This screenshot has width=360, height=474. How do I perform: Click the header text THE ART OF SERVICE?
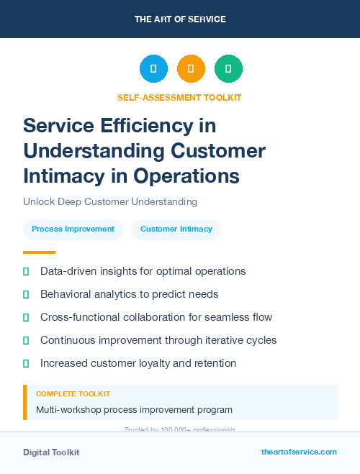pyautogui.click(x=180, y=19)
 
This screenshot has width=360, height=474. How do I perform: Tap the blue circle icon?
pyautogui.click(x=153, y=69)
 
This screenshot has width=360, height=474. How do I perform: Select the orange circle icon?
pyautogui.click(x=191, y=69)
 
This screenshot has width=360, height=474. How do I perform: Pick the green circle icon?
pyautogui.click(x=228, y=69)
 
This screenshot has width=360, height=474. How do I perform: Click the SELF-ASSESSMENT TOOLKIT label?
pyautogui.click(x=179, y=97)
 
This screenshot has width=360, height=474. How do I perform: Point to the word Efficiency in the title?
pyautogui.click(x=152, y=126)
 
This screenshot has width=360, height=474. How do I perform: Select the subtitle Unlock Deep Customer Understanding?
pyautogui.click(x=110, y=201)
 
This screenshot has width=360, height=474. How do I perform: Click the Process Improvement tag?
pyautogui.click(x=73, y=229)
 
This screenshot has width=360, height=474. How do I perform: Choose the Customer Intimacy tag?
pyautogui.click(x=176, y=229)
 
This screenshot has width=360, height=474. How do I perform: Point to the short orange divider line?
pyautogui.click(x=39, y=252)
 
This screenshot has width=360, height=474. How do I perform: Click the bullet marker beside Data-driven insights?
pyautogui.click(x=26, y=271)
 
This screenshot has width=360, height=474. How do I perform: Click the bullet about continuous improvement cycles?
pyautogui.click(x=158, y=340)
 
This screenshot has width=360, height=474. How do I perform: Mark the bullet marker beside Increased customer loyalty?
pyautogui.click(x=26, y=363)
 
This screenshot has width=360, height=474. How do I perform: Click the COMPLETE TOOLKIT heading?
pyautogui.click(x=73, y=394)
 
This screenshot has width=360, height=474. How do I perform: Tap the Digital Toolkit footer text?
pyautogui.click(x=51, y=452)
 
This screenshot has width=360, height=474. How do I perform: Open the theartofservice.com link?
pyautogui.click(x=299, y=452)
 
